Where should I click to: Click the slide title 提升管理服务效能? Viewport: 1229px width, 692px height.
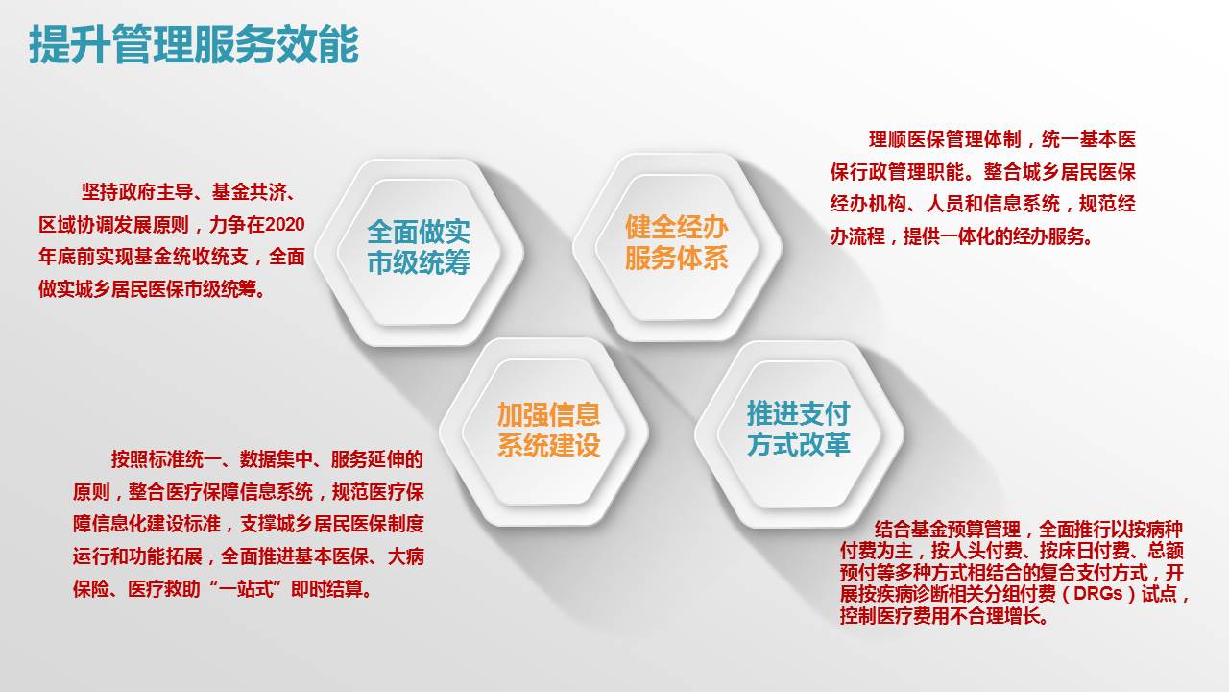[x=194, y=44]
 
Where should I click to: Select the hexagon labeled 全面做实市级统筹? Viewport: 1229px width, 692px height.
[x=419, y=252]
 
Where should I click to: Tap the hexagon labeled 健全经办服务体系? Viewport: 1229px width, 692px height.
[x=677, y=247]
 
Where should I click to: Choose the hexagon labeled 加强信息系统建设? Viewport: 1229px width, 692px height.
[x=543, y=432]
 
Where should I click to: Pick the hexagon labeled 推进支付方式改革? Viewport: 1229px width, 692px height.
[x=799, y=433]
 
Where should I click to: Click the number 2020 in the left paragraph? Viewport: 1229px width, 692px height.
[x=284, y=225]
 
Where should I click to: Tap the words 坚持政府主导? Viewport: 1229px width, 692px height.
[x=137, y=191]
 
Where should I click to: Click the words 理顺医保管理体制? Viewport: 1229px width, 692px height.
[x=945, y=139]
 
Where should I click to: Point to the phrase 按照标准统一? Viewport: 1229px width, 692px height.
[x=166, y=459]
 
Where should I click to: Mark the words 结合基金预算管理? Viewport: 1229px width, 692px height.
[x=948, y=530]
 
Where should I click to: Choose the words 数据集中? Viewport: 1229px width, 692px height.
[x=276, y=459]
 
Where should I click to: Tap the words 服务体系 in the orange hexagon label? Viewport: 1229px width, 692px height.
[x=677, y=259]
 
